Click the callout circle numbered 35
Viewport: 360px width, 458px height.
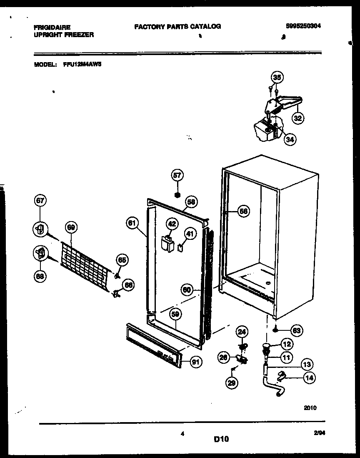[277, 77]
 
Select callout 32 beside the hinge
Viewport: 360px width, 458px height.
[297, 118]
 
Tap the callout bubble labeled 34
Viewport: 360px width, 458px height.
[290, 140]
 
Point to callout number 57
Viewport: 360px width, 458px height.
[177, 176]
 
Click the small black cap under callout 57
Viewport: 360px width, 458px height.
[177, 194]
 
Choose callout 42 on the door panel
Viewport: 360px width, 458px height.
[171, 224]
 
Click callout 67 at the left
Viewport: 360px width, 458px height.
[40, 201]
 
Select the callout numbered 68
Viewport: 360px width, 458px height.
[40, 276]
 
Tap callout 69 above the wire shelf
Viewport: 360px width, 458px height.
[71, 227]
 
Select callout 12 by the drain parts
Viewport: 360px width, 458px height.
[287, 345]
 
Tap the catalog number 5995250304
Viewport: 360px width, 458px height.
[303, 26]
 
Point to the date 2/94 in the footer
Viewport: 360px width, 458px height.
[319, 434]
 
